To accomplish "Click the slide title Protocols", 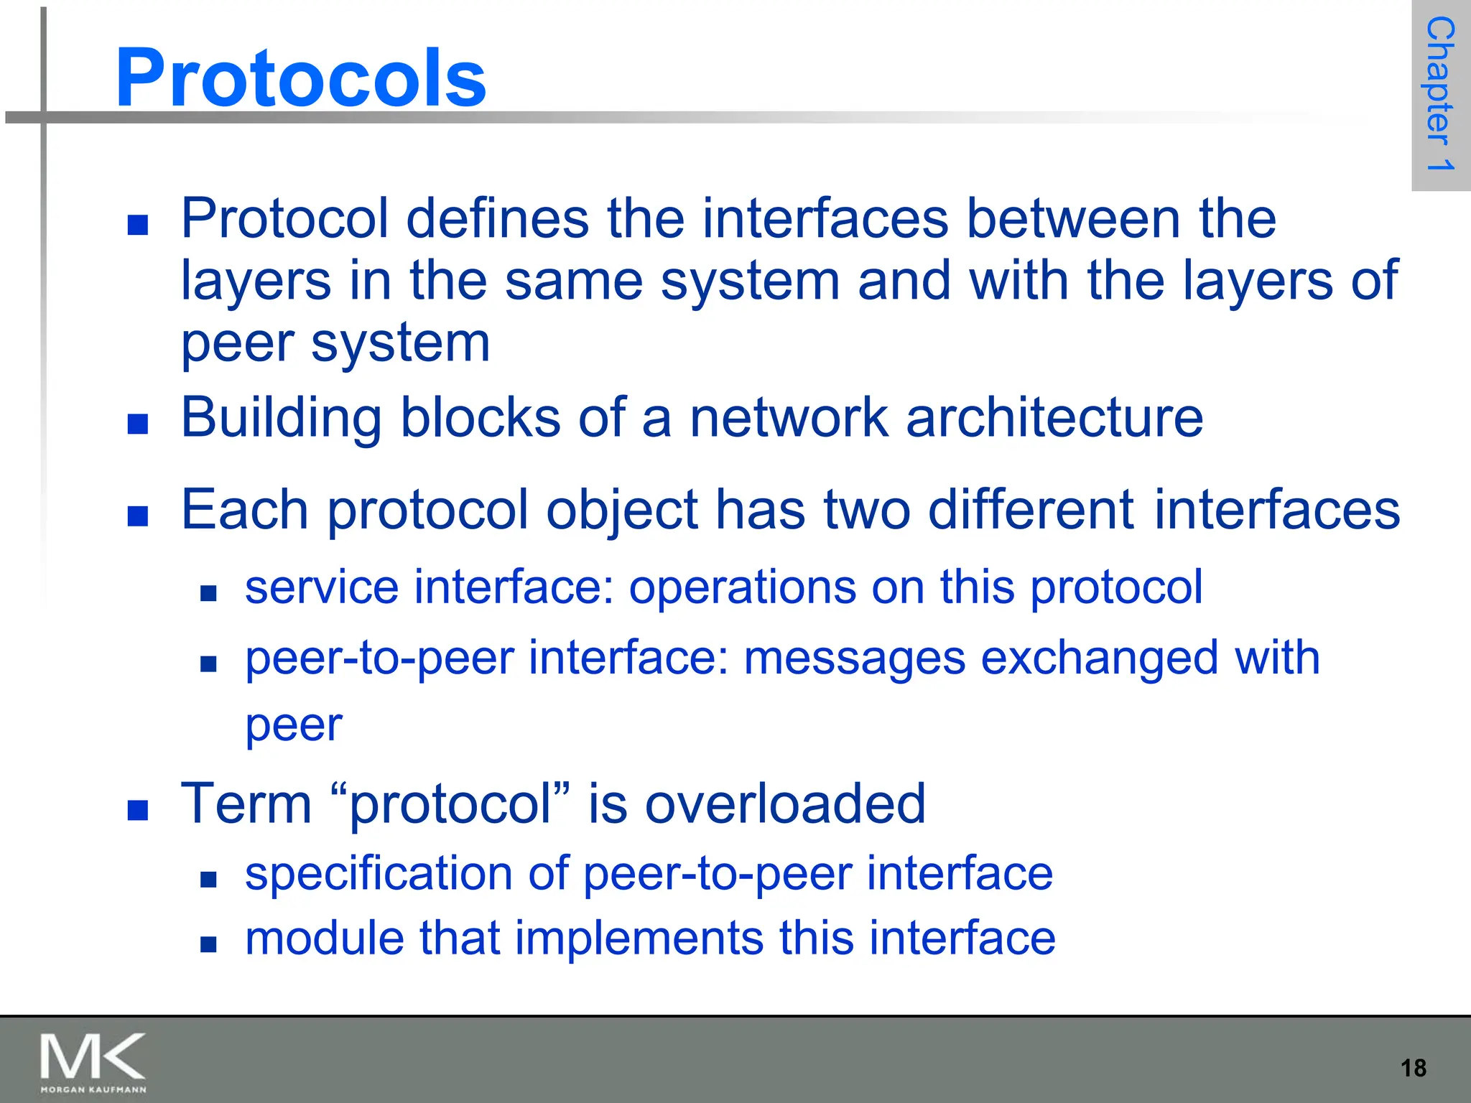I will click(x=300, y=78).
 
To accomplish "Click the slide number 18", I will click(x=1413, y=1068).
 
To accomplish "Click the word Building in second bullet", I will click(x=281, y=418).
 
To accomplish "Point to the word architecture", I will click(x=1054, y=418).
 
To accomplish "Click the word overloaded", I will click(x=785, y=804).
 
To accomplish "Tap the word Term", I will click(x=246, y=804).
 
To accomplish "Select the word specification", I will click(x=379, y=874).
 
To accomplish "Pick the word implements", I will click(x=639, y=938).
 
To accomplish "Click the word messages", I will click(x=854, y=658).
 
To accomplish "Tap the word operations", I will click(x=742, y=587).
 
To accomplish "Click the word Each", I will click(x=244, y=510).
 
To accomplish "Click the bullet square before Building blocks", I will click(x=137, y=424).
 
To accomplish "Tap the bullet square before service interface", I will click(x=208, y=593).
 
